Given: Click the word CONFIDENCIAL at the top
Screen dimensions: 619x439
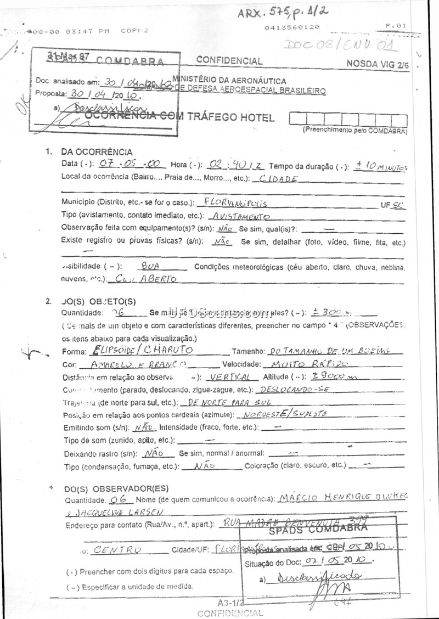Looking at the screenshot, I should point(229,61).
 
